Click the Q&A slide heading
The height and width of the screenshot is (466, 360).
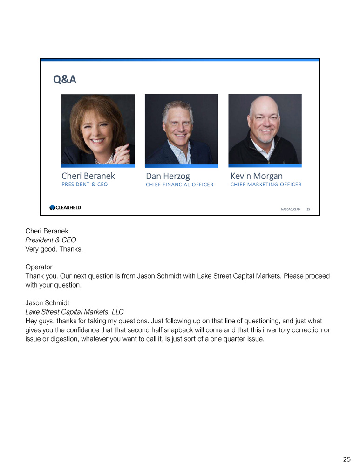65,80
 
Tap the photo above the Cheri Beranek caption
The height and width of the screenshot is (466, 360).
98,129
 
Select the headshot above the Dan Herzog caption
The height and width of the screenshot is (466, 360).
181,129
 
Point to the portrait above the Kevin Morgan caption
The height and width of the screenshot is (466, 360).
265,129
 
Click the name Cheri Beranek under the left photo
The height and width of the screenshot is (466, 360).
88,176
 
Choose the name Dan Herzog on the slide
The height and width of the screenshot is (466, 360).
168,176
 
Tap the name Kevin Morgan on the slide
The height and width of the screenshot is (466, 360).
256,176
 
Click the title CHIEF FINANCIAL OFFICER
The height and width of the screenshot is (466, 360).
179,185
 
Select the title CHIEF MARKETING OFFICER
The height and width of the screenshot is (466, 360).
266,185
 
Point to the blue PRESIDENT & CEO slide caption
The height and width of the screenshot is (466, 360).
84,185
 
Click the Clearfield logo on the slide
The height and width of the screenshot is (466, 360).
65,208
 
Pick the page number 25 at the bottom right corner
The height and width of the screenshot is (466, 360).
346,459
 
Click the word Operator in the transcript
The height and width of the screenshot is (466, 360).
39,267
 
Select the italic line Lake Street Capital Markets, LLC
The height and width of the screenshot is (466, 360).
74,312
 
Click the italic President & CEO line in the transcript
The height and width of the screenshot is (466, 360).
51,240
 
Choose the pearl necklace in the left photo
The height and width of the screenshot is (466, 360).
103,160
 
